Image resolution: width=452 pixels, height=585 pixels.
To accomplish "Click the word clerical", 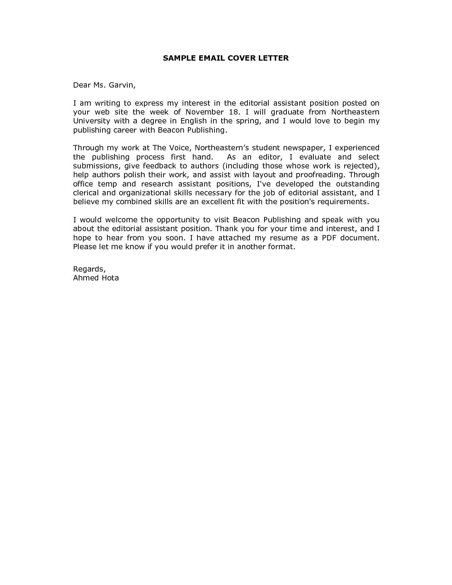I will tap(85, 193).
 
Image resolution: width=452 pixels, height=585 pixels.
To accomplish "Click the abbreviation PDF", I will tap(329, 238).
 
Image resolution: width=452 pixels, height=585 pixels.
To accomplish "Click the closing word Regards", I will tap(89, 269).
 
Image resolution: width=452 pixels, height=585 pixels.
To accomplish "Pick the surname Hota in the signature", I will tap(111, 278).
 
